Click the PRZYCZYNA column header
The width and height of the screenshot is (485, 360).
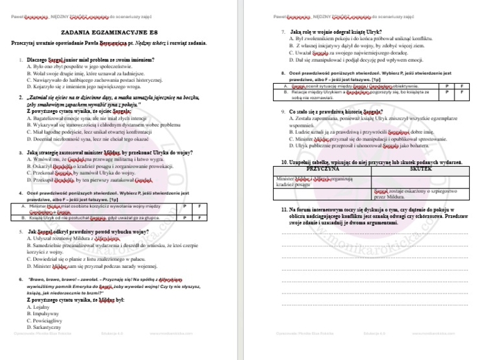tap(322, 148)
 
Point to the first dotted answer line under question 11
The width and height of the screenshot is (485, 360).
tap(374, 233)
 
